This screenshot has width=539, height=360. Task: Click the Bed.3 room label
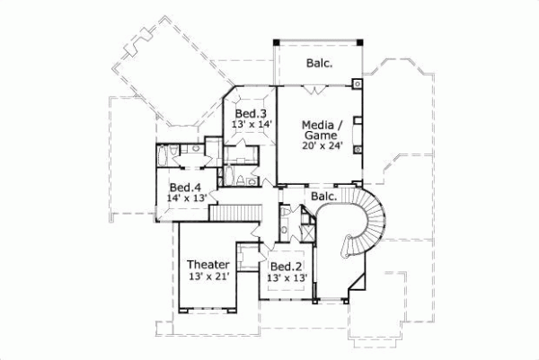(x=251, y=114)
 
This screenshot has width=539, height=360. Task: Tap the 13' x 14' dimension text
(x=252, y=126)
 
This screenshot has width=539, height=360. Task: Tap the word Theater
(x=208, y=265)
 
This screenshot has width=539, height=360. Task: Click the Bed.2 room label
(x=286, y=268)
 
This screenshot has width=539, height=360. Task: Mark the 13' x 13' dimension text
(x=287, y=279)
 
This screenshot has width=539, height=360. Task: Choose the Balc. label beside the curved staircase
(x=323, y=196)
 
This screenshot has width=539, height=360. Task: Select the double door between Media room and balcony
(x=314, y=89)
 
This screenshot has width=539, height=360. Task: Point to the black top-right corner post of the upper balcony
(x=360, y=41)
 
